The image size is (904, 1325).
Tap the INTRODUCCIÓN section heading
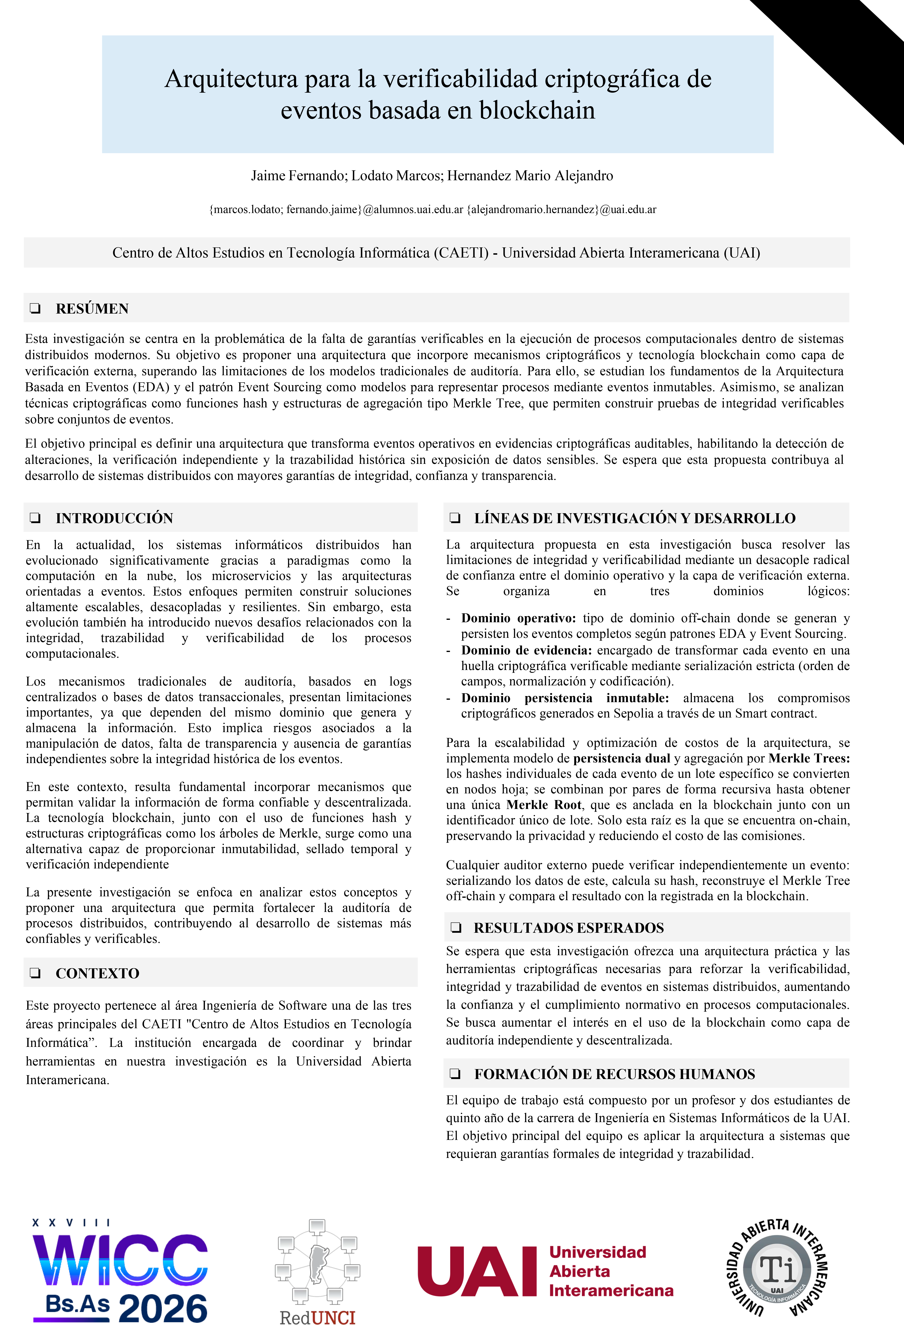tap(114, 518)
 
